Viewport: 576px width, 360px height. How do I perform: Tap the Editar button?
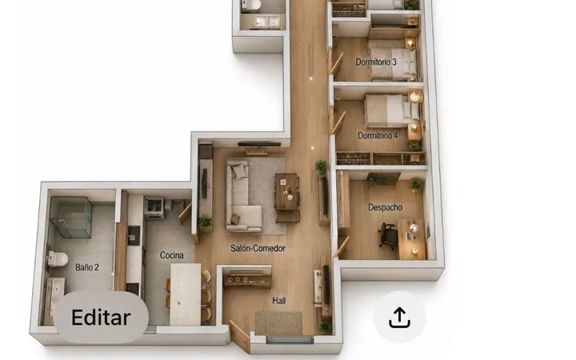(x=101, y=318)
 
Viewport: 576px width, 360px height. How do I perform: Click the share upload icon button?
(x=399, y=318)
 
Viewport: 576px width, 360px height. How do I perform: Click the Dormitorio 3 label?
(x=376, y=62)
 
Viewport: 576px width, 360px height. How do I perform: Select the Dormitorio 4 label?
(x=378, y=135)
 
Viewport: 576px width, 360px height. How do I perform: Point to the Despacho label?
(x=385, y=207)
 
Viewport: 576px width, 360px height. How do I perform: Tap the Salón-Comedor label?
(x=258, y=248)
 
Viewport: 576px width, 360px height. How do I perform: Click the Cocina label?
(x=171, y=255)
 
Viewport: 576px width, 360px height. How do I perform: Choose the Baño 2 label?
(x=87, y=267)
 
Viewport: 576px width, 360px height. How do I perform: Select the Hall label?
(x=279, y=301)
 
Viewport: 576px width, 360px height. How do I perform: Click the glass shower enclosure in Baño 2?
(x=70, y=217)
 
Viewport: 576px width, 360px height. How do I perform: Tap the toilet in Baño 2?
(x=58, y=259)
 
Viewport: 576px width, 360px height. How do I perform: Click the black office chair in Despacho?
(x=387, y=235)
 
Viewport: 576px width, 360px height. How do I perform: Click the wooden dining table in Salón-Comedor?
(x=286, y=192)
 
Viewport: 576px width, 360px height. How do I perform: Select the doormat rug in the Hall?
(x=278, y=323)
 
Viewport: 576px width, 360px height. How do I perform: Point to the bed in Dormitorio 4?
(x=391, y=110)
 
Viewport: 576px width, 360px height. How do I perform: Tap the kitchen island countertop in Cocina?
(x=186, y=294)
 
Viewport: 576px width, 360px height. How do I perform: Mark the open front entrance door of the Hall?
(x=239, y=336)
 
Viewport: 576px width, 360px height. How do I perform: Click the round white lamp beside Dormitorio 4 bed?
(x=415, y=97)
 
